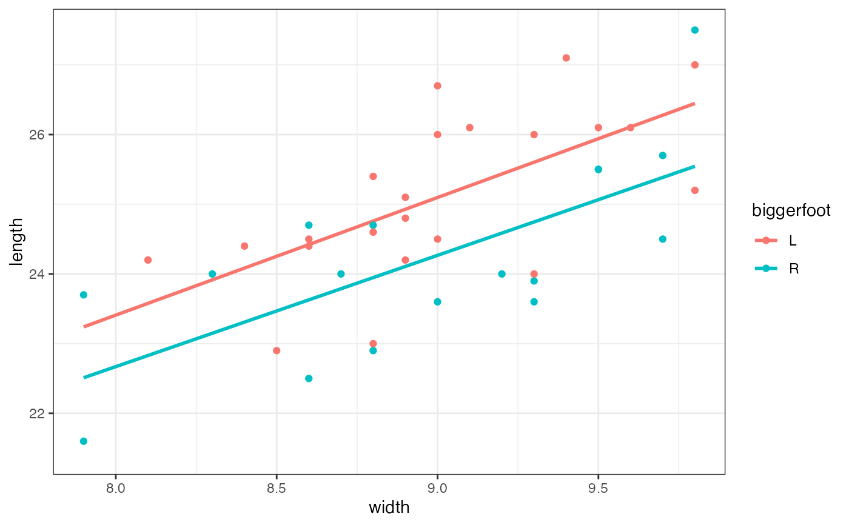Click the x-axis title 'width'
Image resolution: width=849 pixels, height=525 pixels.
pos(389,507)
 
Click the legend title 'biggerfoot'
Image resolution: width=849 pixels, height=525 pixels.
pos(791,210)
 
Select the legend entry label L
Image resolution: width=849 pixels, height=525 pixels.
pos(793,241)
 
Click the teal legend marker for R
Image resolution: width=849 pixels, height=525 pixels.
pos(766,269)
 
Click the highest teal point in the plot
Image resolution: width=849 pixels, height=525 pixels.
pos(694,30)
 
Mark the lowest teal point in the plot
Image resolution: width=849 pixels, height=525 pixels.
pos(84,441)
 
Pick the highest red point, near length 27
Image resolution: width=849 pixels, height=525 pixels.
pos(566,58)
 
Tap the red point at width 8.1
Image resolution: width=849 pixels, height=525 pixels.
pos(148,259)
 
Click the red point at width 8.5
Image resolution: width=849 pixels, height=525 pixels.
pos(277,350)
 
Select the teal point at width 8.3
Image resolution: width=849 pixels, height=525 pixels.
pos(212,274)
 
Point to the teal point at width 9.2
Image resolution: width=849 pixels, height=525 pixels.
pos(502,274)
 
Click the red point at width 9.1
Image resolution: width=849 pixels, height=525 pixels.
pos(469,127)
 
